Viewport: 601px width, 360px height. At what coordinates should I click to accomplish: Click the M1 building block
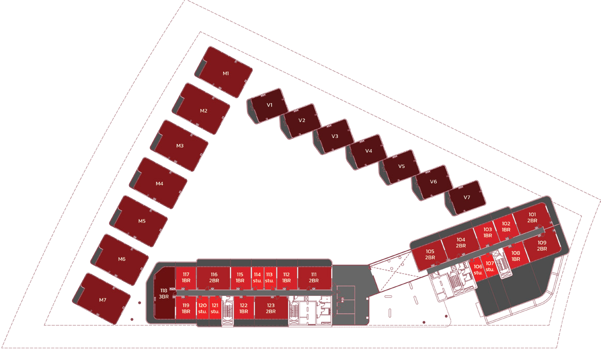click(224, 72)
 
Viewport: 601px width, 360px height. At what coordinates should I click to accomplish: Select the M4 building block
click(159, 183)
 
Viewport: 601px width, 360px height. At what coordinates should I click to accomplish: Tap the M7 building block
click(102, 299)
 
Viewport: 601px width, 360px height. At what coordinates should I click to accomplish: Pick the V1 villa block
click(268, 105)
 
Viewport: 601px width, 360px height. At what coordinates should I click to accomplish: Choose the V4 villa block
click(367, 151)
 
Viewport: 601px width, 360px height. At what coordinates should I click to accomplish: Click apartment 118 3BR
click(164, 293)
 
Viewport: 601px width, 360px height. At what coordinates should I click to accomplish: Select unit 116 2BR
click(214, 277)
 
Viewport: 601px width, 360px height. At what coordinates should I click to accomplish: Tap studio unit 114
click(257, 277)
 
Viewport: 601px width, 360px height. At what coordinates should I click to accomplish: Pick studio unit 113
click(269, 277)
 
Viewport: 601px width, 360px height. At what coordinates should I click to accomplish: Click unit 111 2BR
click(314, 277)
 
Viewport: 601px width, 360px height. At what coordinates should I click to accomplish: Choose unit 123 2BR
click(271, 308)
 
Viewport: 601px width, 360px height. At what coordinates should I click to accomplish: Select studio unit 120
click(203, 308)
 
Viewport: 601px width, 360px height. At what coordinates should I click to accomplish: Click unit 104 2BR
click(460, 243)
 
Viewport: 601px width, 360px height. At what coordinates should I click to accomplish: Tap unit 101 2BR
click(532, 217)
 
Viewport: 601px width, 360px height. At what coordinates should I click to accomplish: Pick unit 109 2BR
click(541, 246)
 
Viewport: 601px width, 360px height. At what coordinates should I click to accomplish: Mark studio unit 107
click(490, 267)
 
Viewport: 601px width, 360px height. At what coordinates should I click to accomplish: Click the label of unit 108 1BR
click(516, 256)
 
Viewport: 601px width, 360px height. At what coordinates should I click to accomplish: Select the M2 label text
click(204, 111)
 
